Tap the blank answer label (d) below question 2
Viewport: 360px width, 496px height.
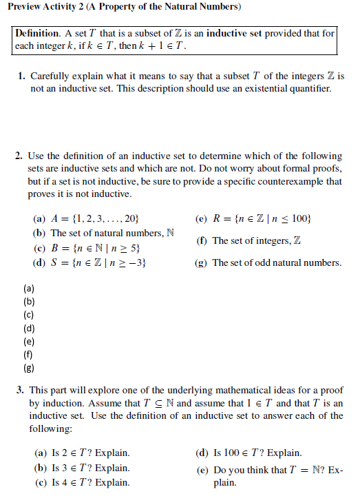point(29,328)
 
